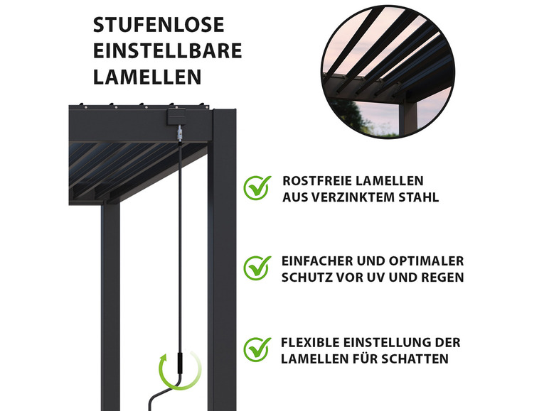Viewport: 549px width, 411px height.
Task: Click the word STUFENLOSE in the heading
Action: pos(158,26)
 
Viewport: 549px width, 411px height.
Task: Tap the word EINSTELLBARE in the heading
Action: pos(167,50)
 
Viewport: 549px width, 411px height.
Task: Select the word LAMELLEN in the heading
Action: pos(146,76)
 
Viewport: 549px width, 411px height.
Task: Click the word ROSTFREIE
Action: pos(314,181)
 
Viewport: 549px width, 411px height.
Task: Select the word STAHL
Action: pos(417,197)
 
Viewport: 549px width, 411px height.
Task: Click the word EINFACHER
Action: pos(319,261)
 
